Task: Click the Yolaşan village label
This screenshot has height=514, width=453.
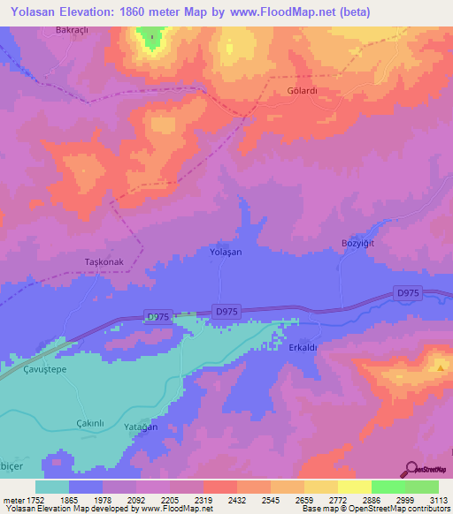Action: coord(225,252)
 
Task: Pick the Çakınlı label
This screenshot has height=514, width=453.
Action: coord(90,422)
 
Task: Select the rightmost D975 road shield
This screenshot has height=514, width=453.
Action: coord(408,293)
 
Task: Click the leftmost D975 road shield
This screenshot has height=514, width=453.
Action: coord(157,316)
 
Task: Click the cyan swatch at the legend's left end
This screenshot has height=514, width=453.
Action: coord(52,487)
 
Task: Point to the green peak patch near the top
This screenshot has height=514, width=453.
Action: coord(151,39)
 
